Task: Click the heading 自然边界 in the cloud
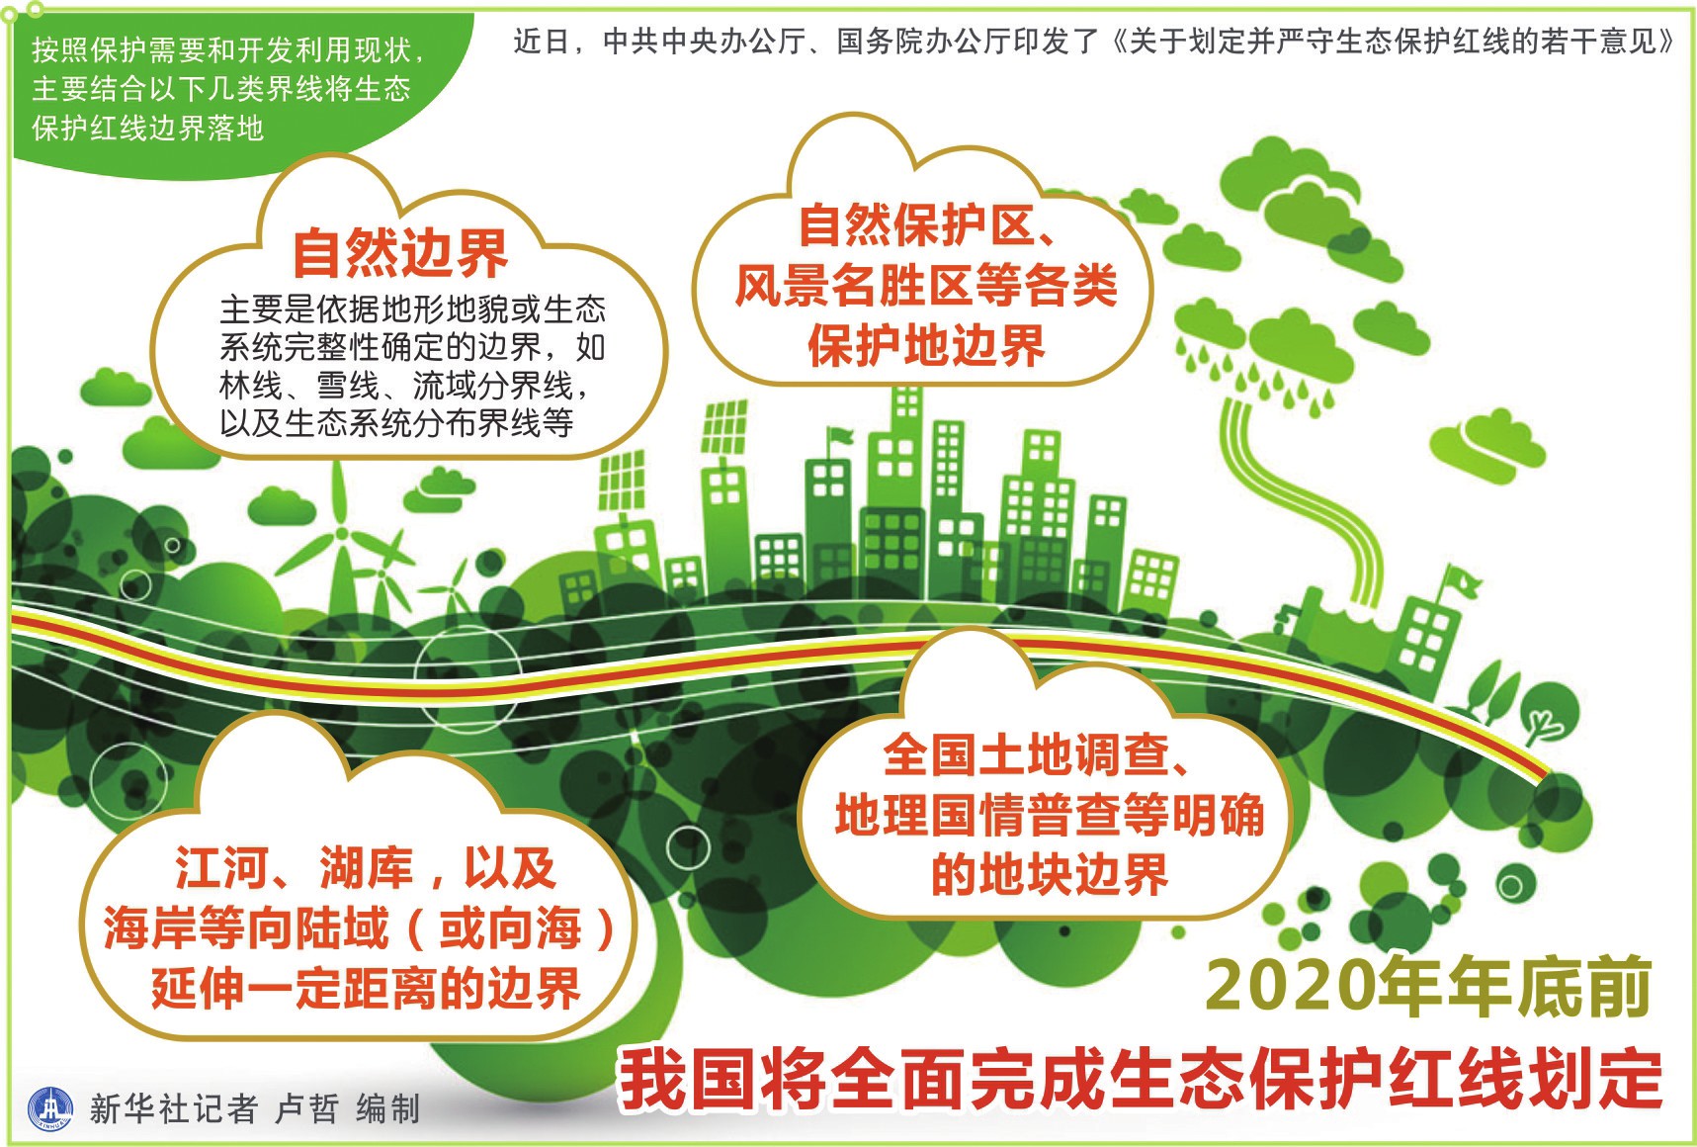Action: (400, 254)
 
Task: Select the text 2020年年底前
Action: (1428, 986)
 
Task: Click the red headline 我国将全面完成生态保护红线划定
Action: (1142, 1079)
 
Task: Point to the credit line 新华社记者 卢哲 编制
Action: (255, 1108)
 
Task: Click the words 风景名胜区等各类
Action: (926, 286)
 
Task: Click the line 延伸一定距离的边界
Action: (366, 988)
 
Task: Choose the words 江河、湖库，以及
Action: (366, 868)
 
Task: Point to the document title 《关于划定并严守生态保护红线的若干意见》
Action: (1393, 41)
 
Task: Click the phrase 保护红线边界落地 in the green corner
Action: (148, 128)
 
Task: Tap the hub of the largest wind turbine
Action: (343, 533)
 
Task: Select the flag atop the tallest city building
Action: (839, 436)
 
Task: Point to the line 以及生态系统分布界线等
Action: (396, 423)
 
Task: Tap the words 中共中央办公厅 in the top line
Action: (692, 41)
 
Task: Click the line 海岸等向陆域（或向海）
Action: (360, 927)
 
